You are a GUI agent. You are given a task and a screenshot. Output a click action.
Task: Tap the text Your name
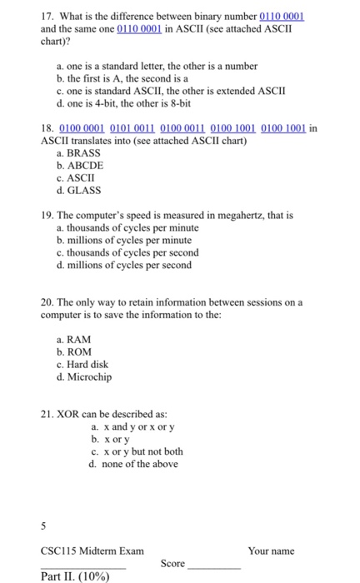(x=271, y=551)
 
